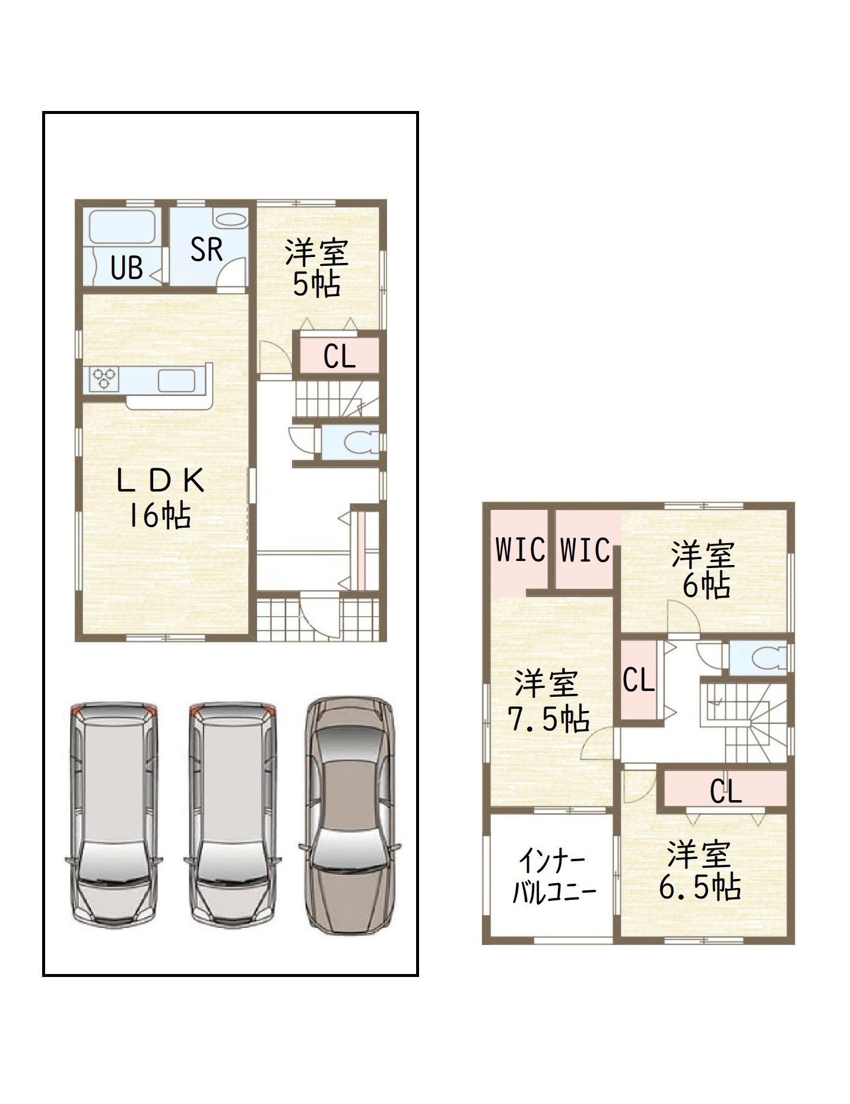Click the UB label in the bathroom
pyautogui.click(x=127, y=268)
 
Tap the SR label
pyautogui.click(x=207, y=249)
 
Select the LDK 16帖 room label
pyautogui.click(x=160, y=497)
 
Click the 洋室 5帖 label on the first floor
pyautogui.click(x=316, y=268)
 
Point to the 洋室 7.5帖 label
pyautogui.click(x=548, y=702)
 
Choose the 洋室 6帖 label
pyautogui.click(x=704, y=570)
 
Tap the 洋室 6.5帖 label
pyautogui.click(x=700, y=871)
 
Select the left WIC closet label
pyautogui.click(x=521, y=550)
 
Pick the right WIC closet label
pyautogui.click(x=585, y=550)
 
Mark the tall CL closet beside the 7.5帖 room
pyautogui.click(x=639, y=680)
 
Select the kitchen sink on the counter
pyautogui.click(x=177, y=380)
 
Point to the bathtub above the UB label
pyautogui.click(x=122, y=227)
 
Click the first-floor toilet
pyautogui.click(x=361, y=442)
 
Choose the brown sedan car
pyautogui.click(x=350, y=816)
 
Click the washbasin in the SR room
pyautogui.click(x=230, y=220)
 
